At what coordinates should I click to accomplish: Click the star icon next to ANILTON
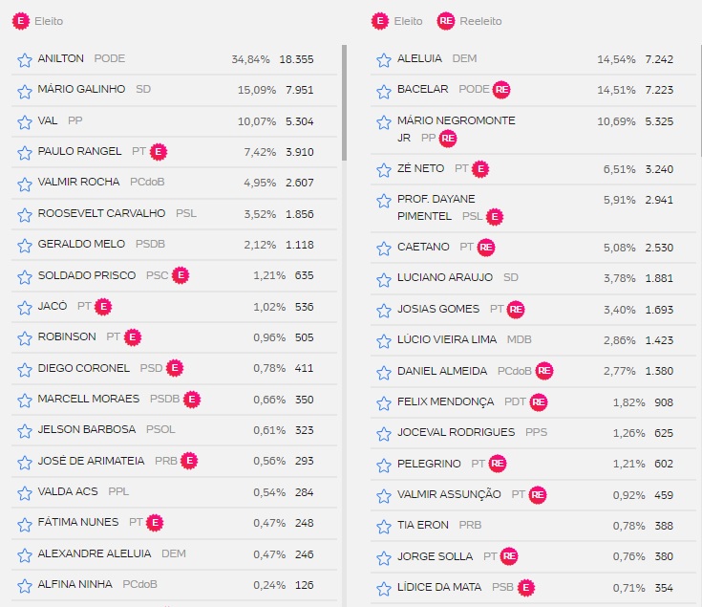(25, 59)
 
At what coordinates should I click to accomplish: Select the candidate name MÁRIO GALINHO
(81, 90)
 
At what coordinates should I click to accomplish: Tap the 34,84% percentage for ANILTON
(251, 59)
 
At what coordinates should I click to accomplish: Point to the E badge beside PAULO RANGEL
(160, 151)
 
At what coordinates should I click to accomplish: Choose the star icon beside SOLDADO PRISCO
(25, 276)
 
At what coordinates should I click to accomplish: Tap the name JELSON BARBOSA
(86, 430)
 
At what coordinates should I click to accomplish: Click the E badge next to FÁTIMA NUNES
(155, 522)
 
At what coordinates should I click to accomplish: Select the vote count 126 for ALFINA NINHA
(304, 584)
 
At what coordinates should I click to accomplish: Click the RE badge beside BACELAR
(502, 90)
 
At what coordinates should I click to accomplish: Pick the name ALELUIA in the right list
(419, 59)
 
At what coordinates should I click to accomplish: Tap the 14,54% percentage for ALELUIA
(616, 59)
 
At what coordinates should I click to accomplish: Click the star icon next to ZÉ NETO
(384, 169)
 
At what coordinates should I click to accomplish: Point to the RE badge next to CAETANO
(487, 247)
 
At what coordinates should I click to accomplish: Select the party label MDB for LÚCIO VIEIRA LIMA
(520, 339)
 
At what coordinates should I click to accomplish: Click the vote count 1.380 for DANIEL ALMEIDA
(659, 371)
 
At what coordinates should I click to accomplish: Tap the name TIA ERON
(423, 525)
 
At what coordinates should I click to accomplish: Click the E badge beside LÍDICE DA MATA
(525, 587)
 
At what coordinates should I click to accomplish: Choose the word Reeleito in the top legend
(480, 21)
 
